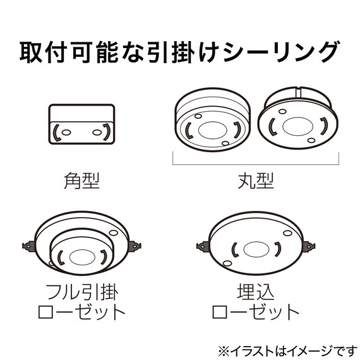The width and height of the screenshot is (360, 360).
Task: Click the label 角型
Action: (x=81, y=181)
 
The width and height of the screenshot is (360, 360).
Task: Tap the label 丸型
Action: (x=256, y=181)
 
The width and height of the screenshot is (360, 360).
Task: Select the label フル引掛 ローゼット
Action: (x=81, y=302)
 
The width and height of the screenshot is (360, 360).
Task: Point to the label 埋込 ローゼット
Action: (x=256, y=302)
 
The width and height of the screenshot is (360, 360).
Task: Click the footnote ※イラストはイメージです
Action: (x=287, y=351)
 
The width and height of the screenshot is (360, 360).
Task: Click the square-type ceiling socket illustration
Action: (x=81, y=124)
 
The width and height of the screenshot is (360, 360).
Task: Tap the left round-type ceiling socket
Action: (x=212, y=119)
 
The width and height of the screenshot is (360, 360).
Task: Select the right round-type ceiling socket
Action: (x=298, y=117)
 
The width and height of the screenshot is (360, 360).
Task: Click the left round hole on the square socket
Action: (x=66, y=133)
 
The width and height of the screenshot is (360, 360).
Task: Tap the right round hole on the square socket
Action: (x=97, y=133)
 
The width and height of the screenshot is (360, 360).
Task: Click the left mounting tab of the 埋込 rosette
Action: (x=203, y=246)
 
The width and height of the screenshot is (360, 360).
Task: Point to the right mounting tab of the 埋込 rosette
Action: (x=309, y=246)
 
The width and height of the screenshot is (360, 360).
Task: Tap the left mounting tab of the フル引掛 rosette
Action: (x=28, y=246)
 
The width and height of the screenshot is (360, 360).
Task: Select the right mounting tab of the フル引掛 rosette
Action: (x=135, y=246)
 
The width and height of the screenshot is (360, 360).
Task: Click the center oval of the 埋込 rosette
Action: (x=256, y=249)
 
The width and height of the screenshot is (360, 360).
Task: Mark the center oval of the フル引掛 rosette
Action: (x=82, y=258)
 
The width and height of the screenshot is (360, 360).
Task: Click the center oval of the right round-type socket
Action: (x=298, y=126)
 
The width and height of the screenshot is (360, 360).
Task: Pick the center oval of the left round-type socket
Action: (x=212, y=130)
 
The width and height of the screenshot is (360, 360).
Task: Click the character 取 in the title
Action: (x=30, y=52)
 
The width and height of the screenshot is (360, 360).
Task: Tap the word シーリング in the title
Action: (x=282, y=52)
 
